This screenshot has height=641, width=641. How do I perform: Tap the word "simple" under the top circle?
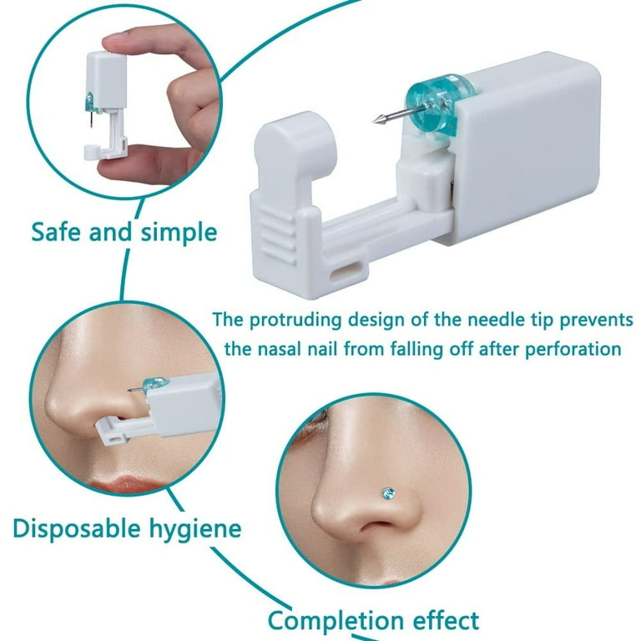click(179, 234)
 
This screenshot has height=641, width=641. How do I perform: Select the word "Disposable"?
click(77, 527)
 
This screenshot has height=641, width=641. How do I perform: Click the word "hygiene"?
click(195, 530)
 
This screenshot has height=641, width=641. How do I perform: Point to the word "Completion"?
click(337, 621)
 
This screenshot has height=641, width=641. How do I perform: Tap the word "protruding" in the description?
click(295, 320)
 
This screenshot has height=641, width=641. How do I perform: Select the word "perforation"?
click(573, 351)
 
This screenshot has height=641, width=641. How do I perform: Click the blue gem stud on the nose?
click(388, 494)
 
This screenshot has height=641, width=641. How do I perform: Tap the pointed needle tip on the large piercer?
click(376, 120)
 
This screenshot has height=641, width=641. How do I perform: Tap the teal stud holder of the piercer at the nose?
click(156, 383)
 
